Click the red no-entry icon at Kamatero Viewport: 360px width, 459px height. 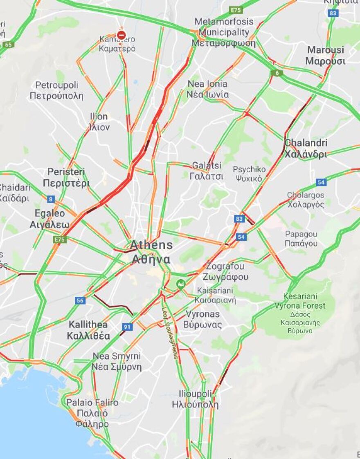point(121,35)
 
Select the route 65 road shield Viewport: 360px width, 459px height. point(8,44)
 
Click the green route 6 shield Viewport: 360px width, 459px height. point(277,73)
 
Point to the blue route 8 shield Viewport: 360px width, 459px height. point(51,199)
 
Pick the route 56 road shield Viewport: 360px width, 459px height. point(80,300)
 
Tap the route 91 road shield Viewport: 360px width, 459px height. point(127,327)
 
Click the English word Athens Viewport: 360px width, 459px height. point(151,245)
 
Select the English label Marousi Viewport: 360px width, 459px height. point(326,50)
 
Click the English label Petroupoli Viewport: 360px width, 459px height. point(56,85)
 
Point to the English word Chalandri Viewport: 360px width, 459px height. point(306,143)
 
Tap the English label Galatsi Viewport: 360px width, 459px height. point(207,166)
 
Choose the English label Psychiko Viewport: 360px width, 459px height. point(249,169)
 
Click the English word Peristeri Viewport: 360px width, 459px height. point(66,172)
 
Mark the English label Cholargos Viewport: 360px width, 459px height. point(305,195)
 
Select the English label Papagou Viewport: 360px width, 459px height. point(301,234)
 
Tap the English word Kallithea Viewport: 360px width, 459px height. point(88,325)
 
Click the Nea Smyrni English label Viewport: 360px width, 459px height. point(117,356)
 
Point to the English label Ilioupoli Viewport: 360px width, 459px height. point(195,394)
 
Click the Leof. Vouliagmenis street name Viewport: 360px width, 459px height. point(171,333)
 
